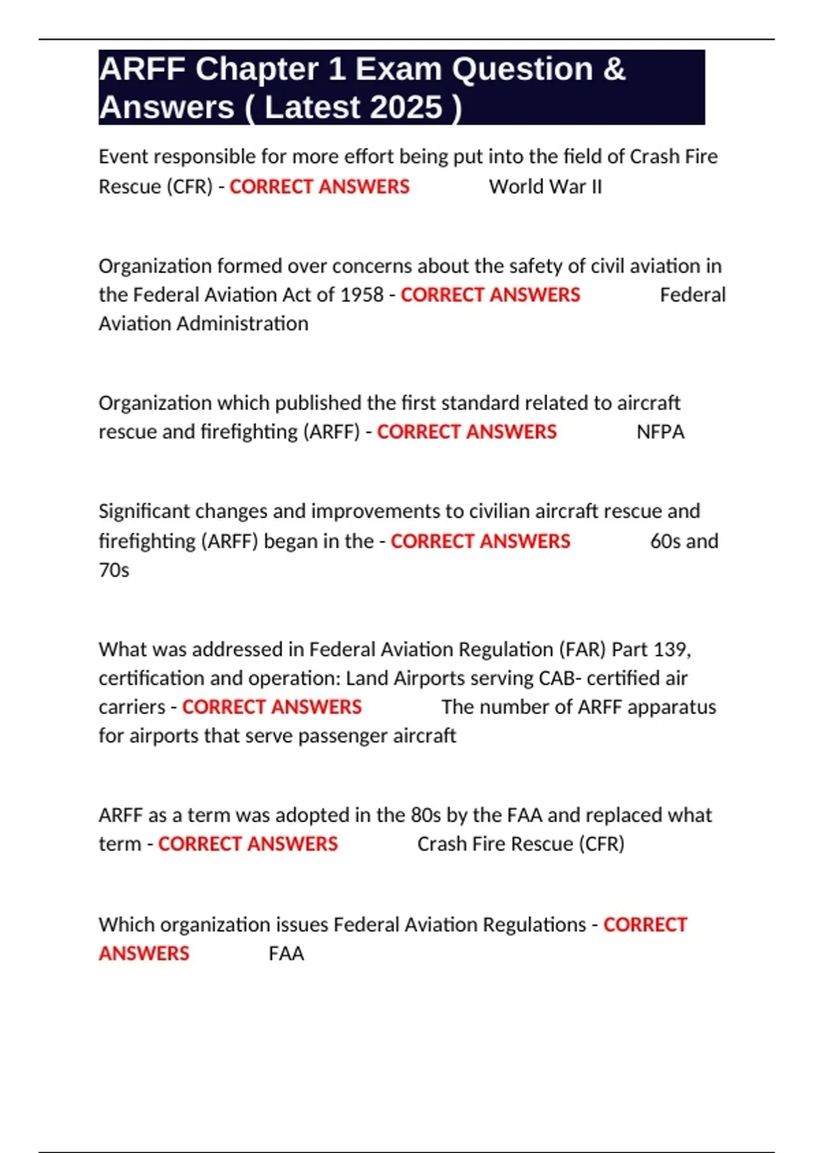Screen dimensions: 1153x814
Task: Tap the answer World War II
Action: [x=545, y=187]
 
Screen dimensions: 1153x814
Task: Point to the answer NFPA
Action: [x=660, y=432]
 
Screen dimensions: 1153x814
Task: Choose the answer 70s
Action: [x=114, y=570]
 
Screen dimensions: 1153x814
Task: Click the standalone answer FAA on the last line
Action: [x=286, y=954]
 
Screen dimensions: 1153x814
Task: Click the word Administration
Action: [x=242, y=324]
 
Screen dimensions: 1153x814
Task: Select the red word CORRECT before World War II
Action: [x=271, y=187]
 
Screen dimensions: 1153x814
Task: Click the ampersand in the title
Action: [x=613, y=69]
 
